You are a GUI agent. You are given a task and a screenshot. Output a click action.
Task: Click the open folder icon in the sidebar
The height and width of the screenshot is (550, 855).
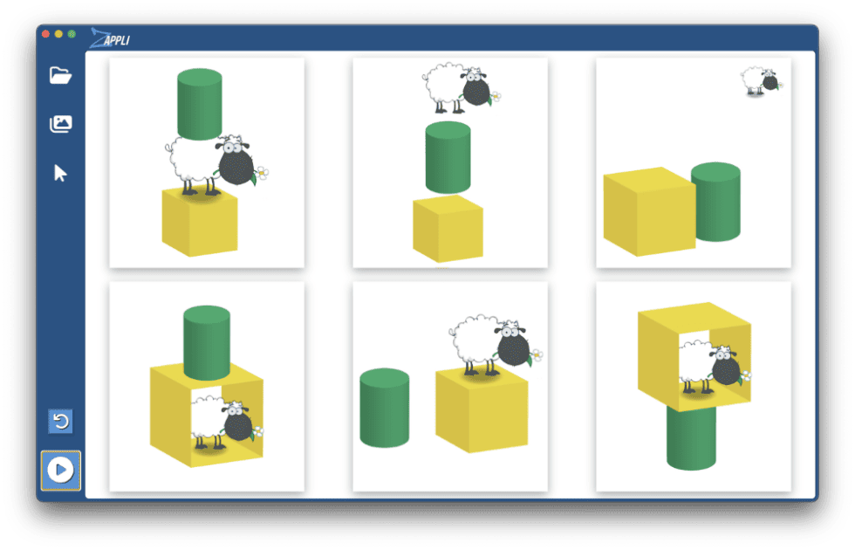(60, 75)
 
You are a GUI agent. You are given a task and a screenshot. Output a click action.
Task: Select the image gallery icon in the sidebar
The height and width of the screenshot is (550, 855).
(60, 124)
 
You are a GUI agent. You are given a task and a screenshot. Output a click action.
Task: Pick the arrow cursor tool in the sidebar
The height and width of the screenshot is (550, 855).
(60, 173)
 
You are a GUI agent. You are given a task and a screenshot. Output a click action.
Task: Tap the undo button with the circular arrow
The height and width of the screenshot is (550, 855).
(60, 421)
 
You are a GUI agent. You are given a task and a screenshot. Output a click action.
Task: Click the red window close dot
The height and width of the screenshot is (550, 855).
(45, 34)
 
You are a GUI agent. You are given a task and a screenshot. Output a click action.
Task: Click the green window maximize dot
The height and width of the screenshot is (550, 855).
(72, 34)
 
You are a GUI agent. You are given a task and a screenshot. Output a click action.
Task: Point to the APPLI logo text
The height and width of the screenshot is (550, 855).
(117, 40)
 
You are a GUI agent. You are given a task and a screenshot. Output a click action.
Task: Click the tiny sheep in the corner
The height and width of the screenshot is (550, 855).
(761, 81)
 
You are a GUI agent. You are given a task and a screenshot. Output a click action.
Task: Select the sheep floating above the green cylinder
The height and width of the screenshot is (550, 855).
(462, 87)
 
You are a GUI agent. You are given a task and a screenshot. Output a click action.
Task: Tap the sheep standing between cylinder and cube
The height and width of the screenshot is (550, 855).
(216, 165)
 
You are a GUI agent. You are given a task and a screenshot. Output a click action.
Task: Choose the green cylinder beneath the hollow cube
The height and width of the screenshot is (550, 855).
(691, 437)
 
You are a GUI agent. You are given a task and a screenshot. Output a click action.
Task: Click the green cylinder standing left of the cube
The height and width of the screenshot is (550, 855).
(385, 408)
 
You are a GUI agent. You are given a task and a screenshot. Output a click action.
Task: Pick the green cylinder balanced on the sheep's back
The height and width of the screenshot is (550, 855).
(200, 104)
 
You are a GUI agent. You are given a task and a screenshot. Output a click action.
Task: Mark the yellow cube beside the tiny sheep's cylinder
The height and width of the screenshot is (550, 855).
(649, 211)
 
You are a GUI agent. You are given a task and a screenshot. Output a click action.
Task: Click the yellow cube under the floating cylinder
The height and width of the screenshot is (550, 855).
(448, 229)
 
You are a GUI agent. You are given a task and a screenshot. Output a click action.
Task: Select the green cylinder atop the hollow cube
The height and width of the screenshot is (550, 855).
(207, 342)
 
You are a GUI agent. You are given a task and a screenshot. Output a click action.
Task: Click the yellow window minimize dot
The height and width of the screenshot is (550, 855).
(58, 34)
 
